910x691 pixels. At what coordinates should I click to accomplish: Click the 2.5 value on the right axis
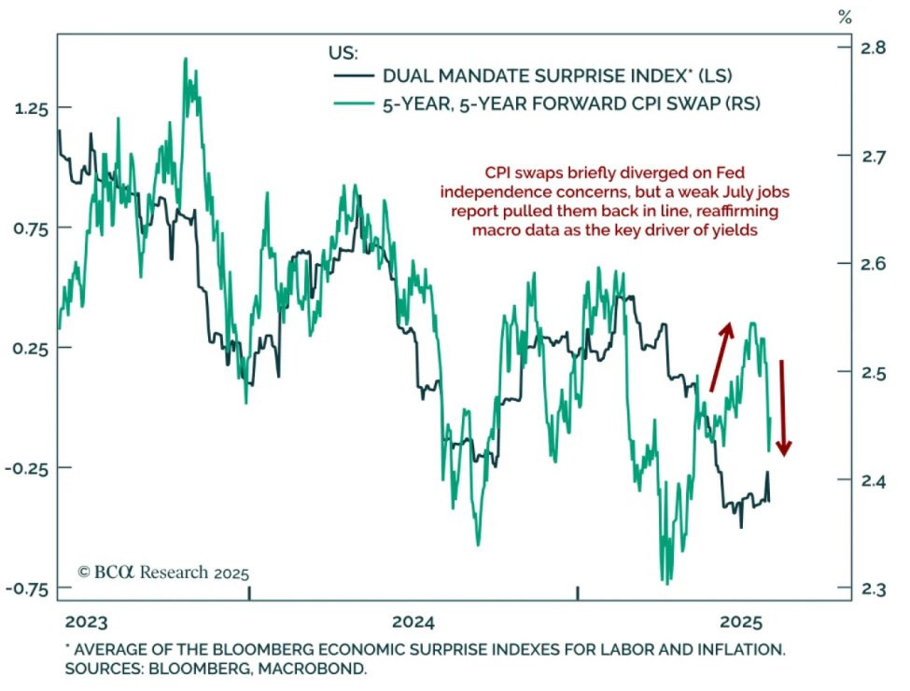(x=870, y=372)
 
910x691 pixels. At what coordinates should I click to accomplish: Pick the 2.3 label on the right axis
(x=870, y=588)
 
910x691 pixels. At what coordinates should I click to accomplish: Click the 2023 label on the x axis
(x=87, y=622)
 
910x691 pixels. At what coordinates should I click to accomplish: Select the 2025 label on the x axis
(x=742, y=622)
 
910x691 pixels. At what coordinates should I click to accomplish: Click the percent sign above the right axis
(x=845, y=17)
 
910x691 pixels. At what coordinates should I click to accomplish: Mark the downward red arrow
(x=784, y=408)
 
